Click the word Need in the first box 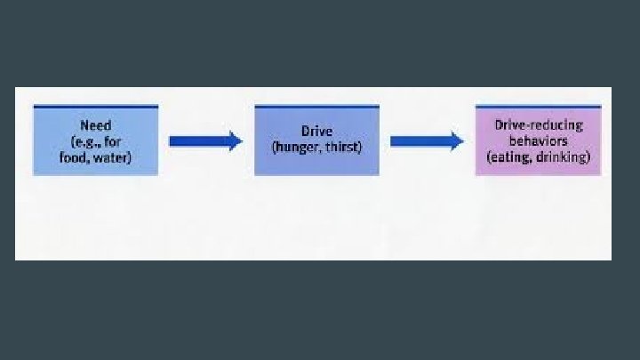(96, 125)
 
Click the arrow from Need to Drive (204, 140)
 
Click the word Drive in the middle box (316, 132)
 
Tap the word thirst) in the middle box (342, 146)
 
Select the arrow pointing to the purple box (425, 140)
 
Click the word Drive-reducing (539, 125)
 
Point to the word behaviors (539, 140)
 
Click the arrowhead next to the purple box (456, 140)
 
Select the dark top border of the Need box (96, 107)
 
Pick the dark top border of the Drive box (316, 107)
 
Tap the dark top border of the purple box (539, 107)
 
